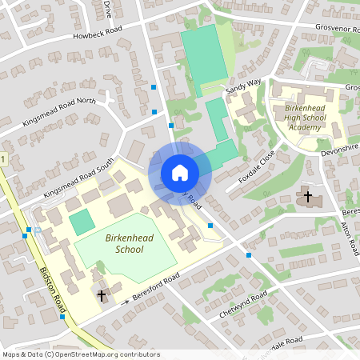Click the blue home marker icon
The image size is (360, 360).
(x=179, y=172)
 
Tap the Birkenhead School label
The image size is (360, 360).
(x=124, y=244)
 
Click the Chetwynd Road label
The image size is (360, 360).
(x=242, y=306)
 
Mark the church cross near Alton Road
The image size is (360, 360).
(x=308, y=196)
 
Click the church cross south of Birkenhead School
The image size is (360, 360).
(x=102, y=296)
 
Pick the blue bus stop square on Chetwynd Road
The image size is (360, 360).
(x=249, y=255)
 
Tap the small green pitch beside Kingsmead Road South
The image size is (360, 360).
(x=82, y=222)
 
